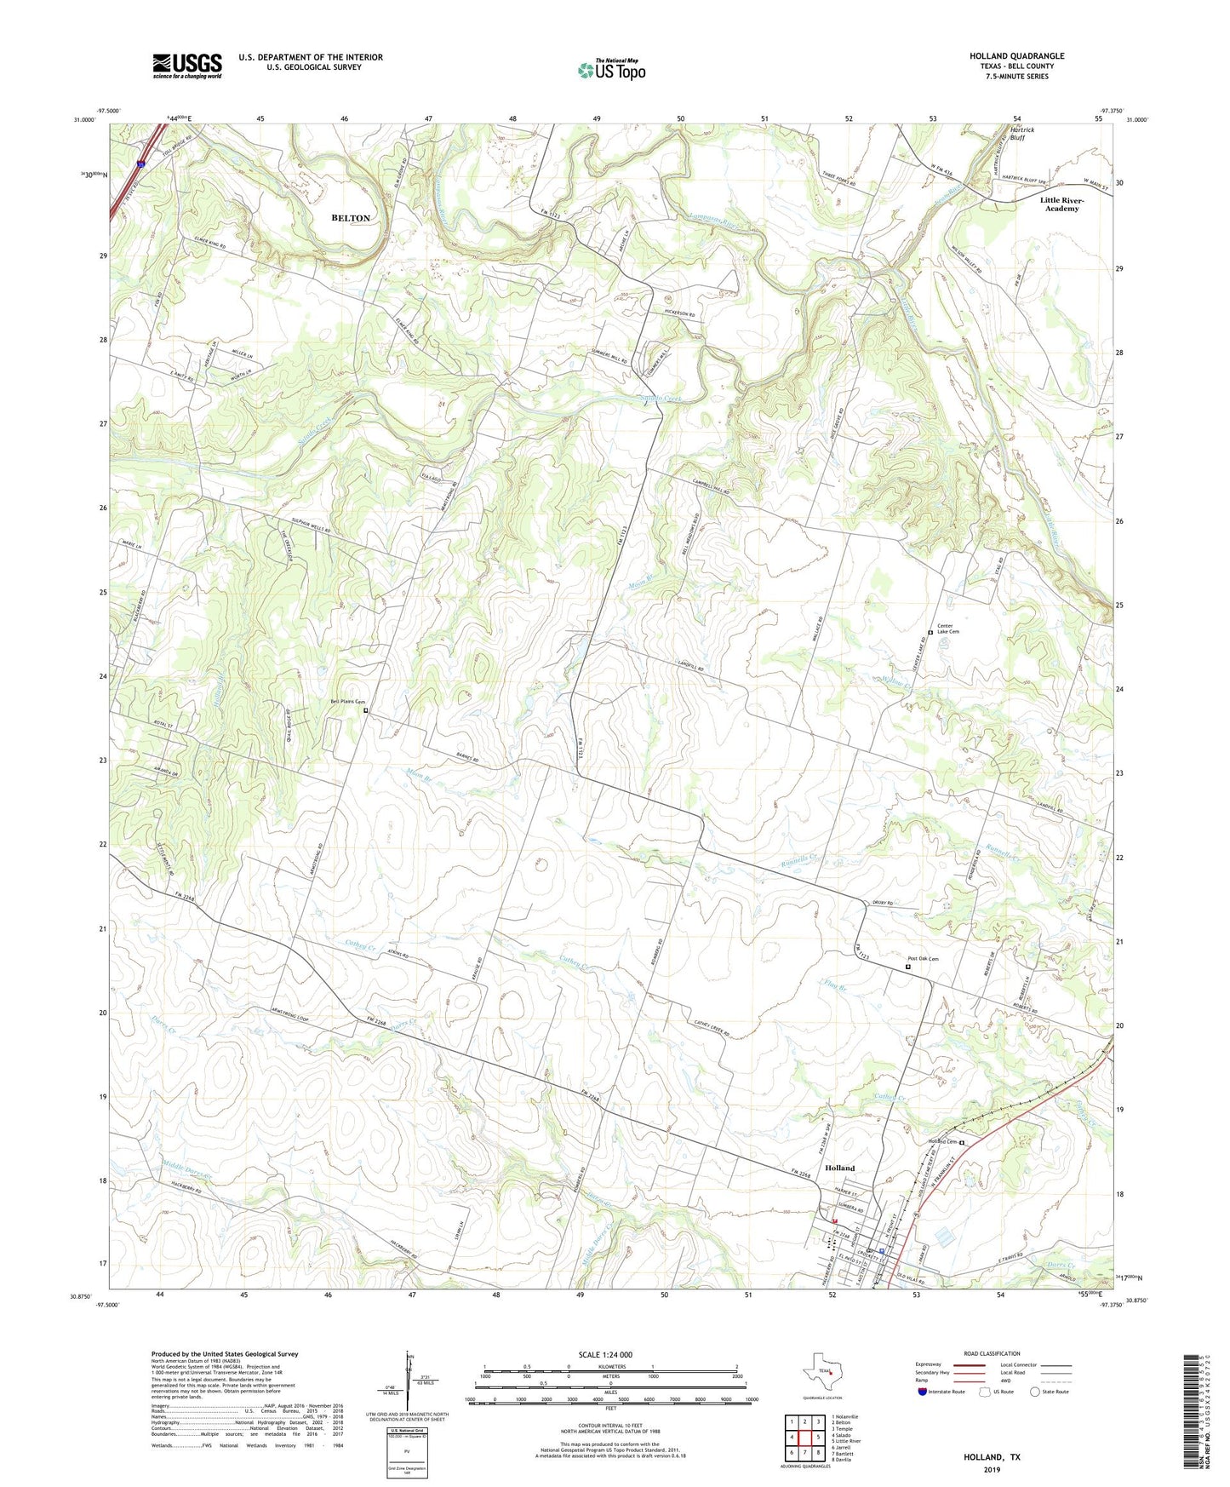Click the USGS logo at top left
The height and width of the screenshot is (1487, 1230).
tap(187, 66)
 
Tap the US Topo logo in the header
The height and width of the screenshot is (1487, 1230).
tap(611, 70)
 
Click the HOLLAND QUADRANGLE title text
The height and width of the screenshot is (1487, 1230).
tap(1016, 56)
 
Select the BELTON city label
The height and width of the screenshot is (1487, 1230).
tap(351, 218)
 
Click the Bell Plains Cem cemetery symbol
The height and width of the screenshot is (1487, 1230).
tap(366, 710)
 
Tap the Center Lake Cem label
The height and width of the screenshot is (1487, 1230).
tap(948, 629)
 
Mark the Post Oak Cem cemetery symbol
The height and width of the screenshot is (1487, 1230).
tap(908, 967)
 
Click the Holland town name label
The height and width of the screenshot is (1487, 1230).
tap(839, 1168)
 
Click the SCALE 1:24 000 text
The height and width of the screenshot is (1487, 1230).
tap(605, 1355)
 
